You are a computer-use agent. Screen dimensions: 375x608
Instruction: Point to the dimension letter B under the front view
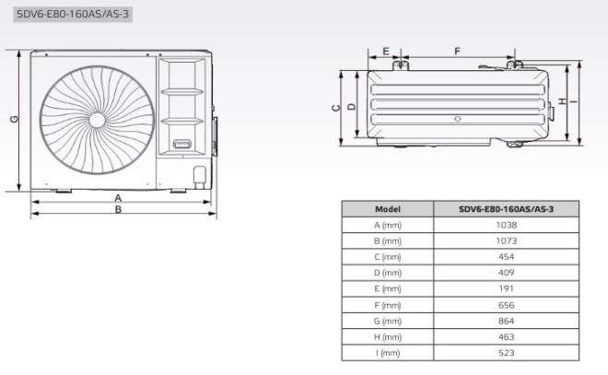click(x=118, y=210)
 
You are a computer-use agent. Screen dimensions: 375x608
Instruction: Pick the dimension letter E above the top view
click(x=385, y=51)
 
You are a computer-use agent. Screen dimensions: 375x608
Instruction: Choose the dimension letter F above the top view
click(x=458, y=51)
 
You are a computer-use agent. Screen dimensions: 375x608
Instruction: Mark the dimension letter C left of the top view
click(x=337, y=108)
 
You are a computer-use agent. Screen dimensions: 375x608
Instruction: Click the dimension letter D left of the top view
click(x=352, y=108)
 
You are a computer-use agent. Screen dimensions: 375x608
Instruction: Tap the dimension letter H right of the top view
click(x=561, y=100)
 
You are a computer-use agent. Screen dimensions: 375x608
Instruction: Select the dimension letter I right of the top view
click(x=573, y=100)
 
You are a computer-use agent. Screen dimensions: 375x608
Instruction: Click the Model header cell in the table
click(x=388, y=209)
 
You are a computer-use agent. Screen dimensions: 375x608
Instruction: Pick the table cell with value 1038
click(x=506, y=225)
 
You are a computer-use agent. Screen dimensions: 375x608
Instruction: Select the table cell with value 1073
click(x=506, y=240)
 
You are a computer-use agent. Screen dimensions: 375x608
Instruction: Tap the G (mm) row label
click(x=388, y=321)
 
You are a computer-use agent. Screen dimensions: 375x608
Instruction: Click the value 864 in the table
click(x=506, y=321)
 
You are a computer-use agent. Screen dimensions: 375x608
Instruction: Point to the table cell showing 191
click(x=506, y=288)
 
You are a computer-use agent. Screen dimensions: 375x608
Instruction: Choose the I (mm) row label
click(x=388, y=353)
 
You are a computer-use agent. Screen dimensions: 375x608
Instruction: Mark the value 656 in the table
click(x=506, y=305)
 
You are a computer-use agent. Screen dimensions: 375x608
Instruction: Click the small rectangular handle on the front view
click(x=181, y=145)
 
